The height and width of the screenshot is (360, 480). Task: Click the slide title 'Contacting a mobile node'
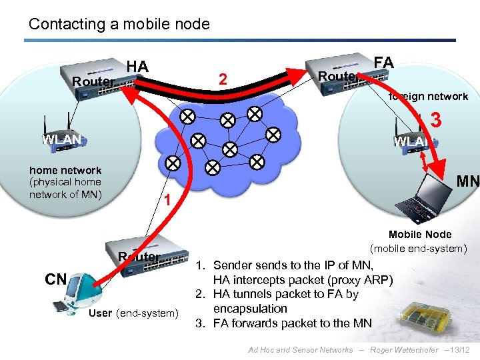tap(119, 25)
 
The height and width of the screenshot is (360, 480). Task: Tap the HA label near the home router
tap(137, 66)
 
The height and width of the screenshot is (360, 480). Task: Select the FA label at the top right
tap(383, 63)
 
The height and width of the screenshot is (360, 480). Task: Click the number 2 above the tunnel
tap(225, 79)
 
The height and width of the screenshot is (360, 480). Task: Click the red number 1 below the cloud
tap(169, 200)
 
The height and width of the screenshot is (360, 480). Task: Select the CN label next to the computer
tap(55, 279)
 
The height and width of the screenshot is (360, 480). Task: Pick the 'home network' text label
tap(65, 170)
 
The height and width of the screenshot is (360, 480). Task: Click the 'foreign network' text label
tap(428, 97)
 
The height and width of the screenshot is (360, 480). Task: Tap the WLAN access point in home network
tap(61, 137)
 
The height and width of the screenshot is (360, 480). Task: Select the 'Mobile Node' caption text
tap(419, 235)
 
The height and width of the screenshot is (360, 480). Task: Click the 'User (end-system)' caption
tap(133, 313)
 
